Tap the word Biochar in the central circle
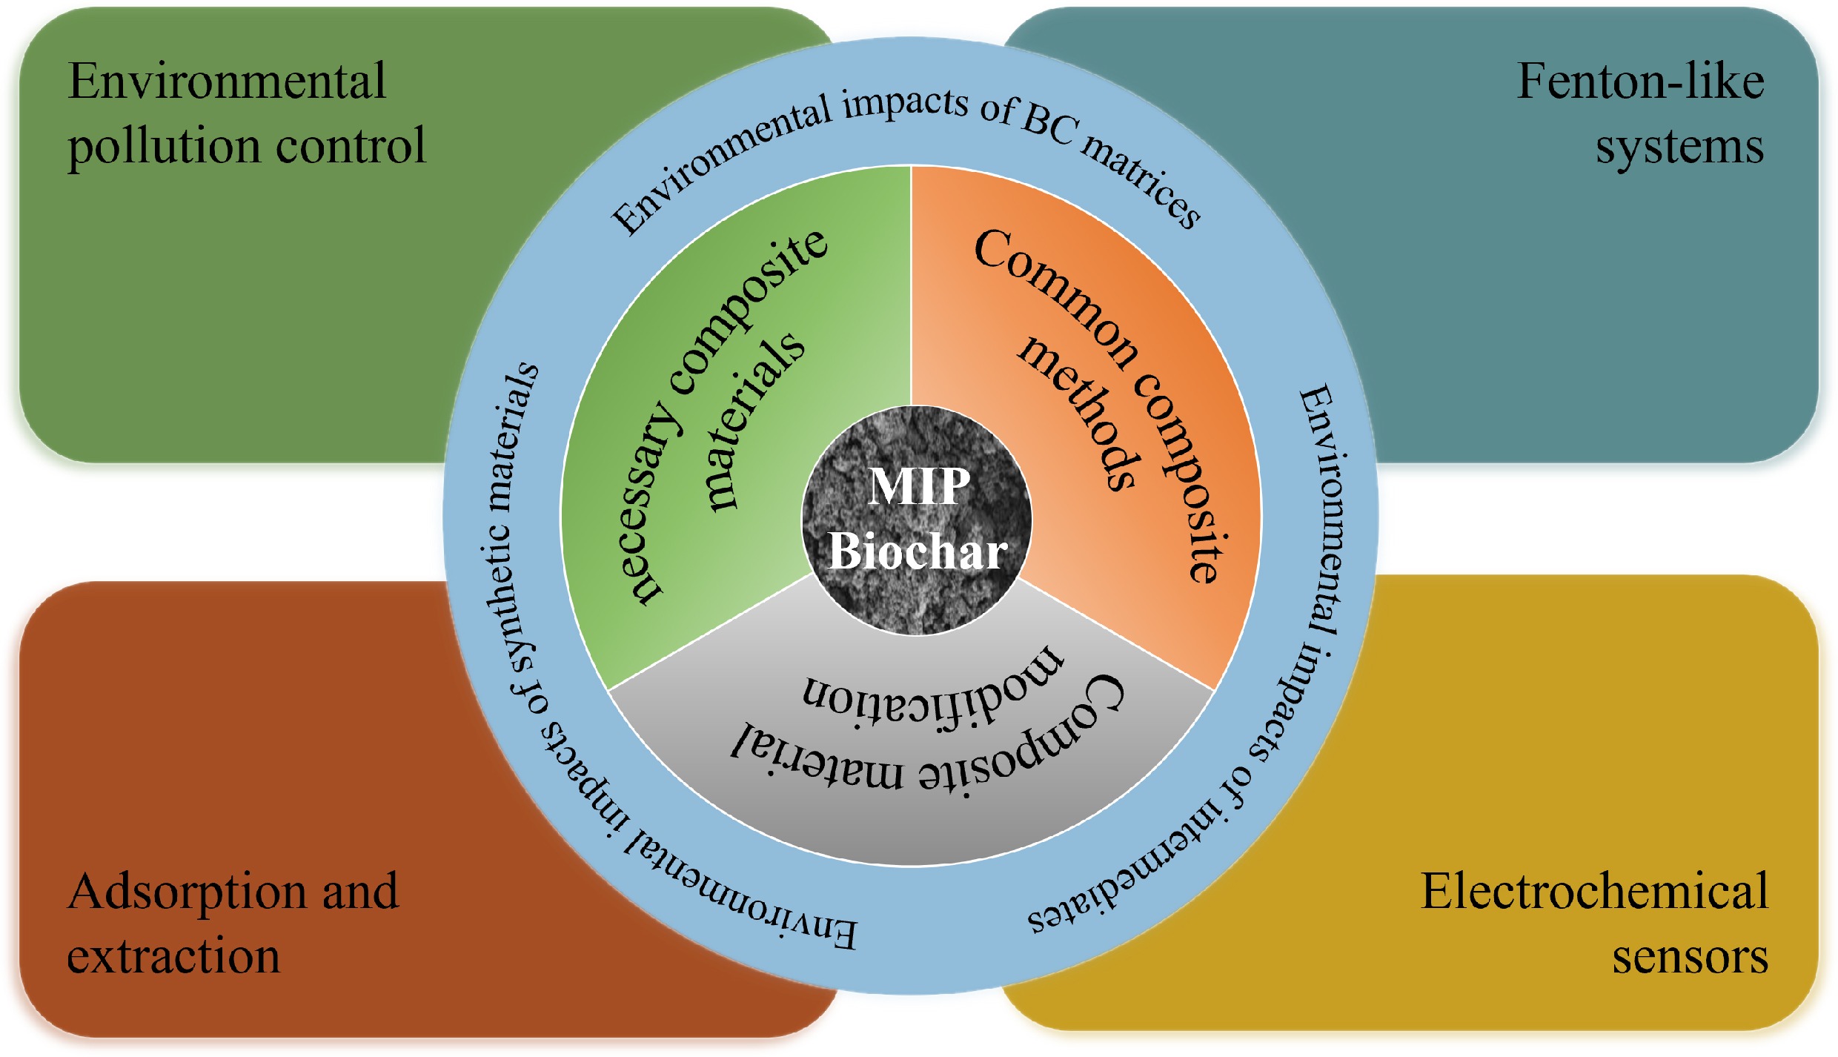point(918,551)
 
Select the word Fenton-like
point(1639,81)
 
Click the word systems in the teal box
point(1679,147)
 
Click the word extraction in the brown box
point(173,956)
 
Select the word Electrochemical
point(1594,891)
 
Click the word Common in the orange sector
point(1052,296)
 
